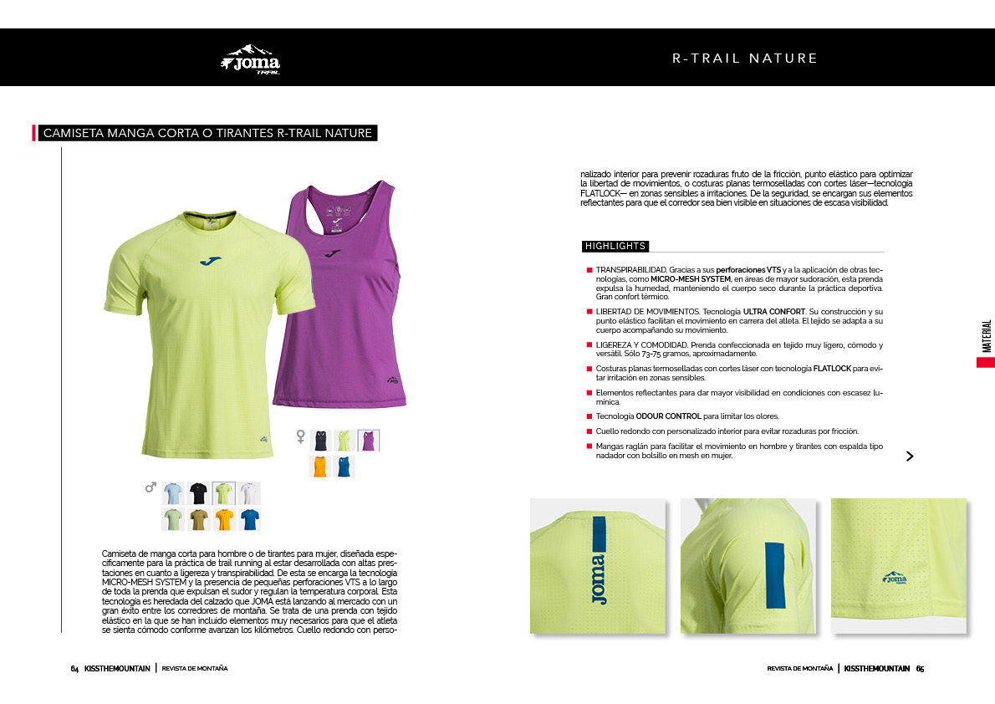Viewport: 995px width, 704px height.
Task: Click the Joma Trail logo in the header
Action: click(251, 59)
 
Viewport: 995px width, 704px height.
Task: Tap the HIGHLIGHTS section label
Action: click(615, 246)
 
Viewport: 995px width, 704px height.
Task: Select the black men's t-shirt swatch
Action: click(198, 493)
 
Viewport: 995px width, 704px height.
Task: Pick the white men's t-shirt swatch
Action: click(248, 493)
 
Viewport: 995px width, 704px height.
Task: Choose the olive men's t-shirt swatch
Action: click(198, 519)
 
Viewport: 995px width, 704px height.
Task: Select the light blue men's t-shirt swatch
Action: click(172, 493)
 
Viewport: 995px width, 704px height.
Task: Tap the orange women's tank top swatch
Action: click(319, 467)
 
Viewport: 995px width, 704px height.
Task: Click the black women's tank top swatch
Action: click(319, 441)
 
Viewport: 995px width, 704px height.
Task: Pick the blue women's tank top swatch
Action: click(344, 467)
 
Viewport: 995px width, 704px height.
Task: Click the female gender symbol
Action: click(301, 436)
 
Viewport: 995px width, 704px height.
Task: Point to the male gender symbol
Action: click(151, 487)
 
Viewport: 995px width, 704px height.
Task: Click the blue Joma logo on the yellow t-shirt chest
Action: click(211, 261)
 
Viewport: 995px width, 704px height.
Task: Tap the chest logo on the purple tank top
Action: click(333, 253)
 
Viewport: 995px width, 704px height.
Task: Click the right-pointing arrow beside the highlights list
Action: click(910, 456)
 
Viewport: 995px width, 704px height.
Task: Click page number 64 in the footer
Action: click(74, 669)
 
